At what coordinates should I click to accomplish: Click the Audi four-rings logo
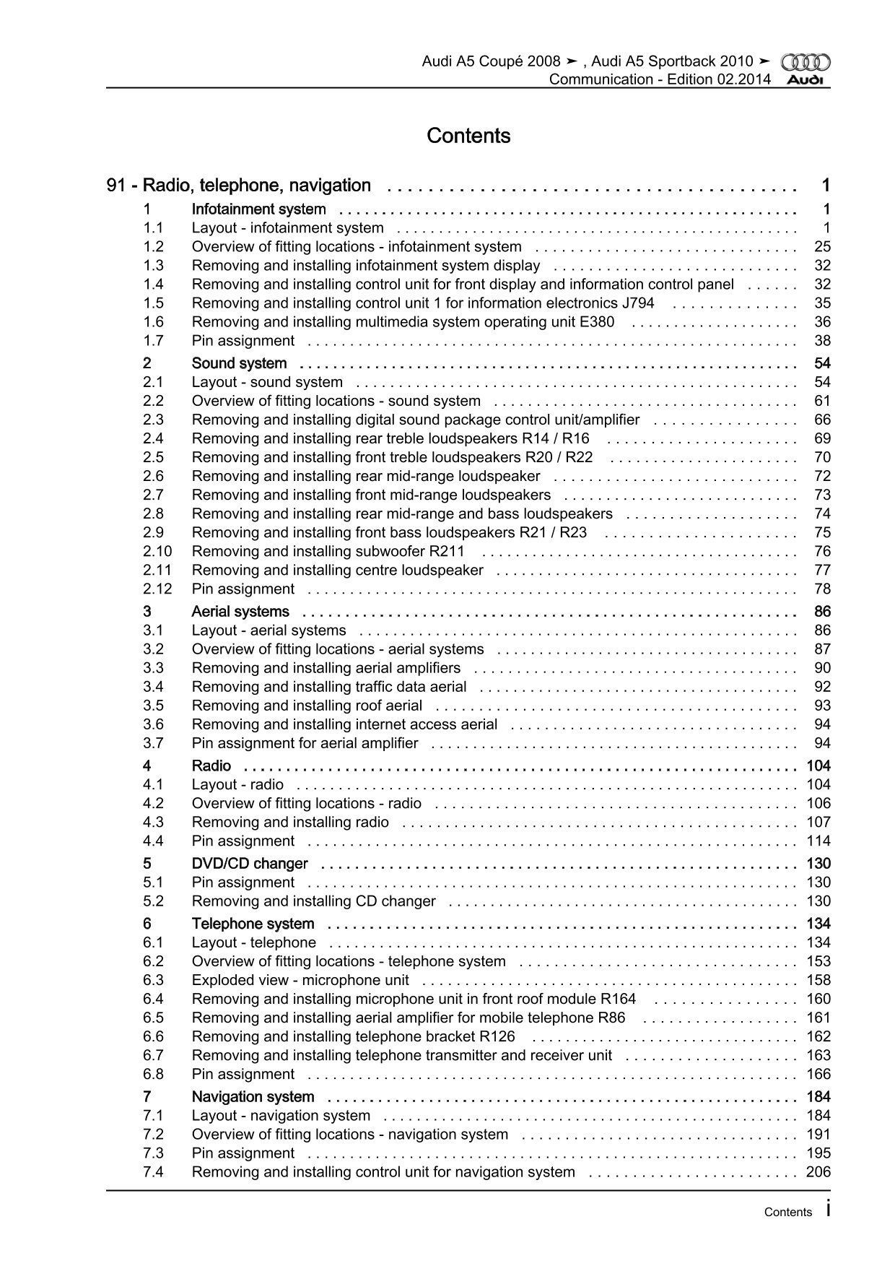(x=806, y=63)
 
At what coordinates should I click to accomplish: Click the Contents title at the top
(x=468, y=136)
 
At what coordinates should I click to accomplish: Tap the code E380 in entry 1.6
(x=597, y=322)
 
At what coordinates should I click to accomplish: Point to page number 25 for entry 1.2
(x=822, y=247)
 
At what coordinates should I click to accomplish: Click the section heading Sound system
(x=239, y=363)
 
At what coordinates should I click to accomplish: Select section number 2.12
(x=157, y=589)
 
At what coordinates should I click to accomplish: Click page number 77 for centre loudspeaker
(x=822, y=571)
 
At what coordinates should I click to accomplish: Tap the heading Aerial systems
(x=240, y=612)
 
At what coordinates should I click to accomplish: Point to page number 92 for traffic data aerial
(x=822, y=687)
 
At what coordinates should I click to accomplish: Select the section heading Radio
(x=211, y=766)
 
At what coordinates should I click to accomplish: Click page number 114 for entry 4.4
(x=818, y=841)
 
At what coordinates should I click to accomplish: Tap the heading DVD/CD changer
(x=250, y=864)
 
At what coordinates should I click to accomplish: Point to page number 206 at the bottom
(x=818, y=1172)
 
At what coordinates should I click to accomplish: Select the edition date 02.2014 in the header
(x=743, y=79)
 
